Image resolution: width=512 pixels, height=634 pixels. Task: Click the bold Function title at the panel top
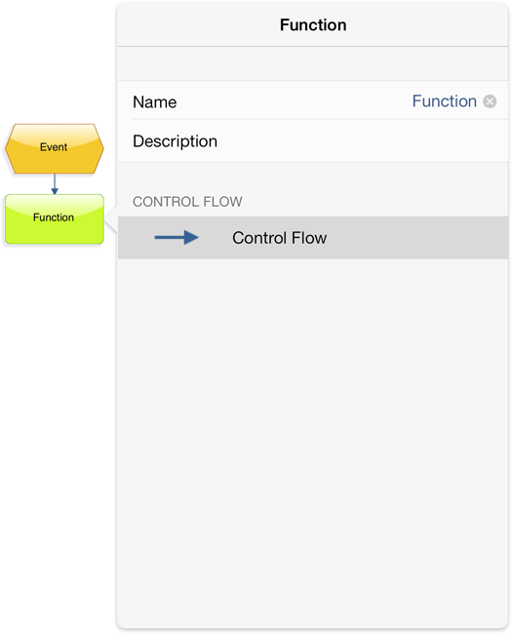(313, 25)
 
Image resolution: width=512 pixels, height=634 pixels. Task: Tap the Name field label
(154, 101)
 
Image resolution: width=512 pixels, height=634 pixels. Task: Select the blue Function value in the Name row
(445, 101)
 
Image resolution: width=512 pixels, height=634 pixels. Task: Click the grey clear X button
(490, 101)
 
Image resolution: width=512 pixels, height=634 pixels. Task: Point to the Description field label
(176, 141)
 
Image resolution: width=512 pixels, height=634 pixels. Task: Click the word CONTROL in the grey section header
(166, 201)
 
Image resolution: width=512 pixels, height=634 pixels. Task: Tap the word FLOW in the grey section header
(222, 201)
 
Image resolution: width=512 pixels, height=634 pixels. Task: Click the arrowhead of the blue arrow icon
(191, 237)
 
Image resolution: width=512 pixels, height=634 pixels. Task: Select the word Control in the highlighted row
(259, 238)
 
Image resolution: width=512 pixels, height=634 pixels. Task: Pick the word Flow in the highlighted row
(309, 238)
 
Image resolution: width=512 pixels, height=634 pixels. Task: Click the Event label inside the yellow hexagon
(54, 146)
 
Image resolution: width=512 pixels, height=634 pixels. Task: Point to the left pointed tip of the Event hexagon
(5, 149)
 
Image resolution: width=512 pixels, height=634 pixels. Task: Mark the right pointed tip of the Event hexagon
(103, 149)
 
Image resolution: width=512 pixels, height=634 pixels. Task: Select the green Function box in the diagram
(55, 219)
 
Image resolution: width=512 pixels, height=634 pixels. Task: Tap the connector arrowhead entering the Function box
(55, 191)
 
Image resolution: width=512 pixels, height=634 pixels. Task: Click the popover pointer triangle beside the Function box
(111, 219)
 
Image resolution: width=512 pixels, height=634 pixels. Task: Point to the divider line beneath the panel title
(313, 47)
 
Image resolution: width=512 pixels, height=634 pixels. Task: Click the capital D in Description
(138, 141)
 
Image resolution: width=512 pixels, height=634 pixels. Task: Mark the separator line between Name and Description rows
(320, 119)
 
